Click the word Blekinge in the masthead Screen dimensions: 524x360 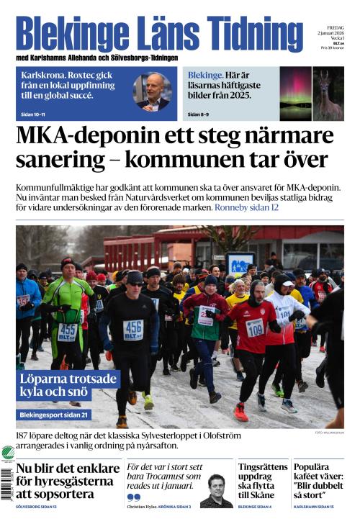(64, 34)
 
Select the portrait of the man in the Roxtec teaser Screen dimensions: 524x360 (153, 91)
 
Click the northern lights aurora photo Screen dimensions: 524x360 (295, 93)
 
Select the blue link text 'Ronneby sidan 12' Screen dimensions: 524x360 (246, 207)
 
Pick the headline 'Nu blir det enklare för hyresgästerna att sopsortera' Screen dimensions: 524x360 (67, 482)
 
